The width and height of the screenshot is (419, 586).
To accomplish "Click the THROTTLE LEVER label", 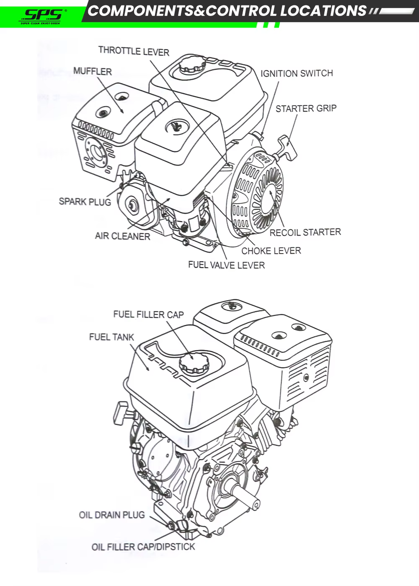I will (x=134, y=51).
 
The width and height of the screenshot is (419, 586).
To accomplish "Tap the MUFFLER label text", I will (x=93, y=71).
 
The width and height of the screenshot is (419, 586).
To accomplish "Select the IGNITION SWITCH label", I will (x=297, y=73).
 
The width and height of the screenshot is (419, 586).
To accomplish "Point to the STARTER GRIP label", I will (x=306, y=109).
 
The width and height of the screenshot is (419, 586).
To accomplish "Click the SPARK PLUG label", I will (x=85, y=202).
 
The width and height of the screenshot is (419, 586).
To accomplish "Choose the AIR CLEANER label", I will (x=122, y=236).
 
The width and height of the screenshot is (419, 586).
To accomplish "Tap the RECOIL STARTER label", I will (x=305, y=232).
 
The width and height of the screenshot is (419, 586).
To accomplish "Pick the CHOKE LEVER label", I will (x=271, y=251).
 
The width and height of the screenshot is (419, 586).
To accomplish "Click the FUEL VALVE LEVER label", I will (x=226, y=265).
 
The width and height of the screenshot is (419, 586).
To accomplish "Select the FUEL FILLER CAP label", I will (x=148, y=314).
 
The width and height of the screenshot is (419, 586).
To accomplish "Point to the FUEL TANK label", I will (x=111, y=337).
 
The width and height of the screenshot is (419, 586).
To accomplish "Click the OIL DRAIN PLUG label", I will (x=112, y=515).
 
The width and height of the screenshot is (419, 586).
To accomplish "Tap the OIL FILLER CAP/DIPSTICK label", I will (x=143, y=547).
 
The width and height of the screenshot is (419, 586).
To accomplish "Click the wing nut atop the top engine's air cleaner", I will (x=176, y=126).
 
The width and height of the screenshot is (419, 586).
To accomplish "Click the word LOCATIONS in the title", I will (x=323, y=11).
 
